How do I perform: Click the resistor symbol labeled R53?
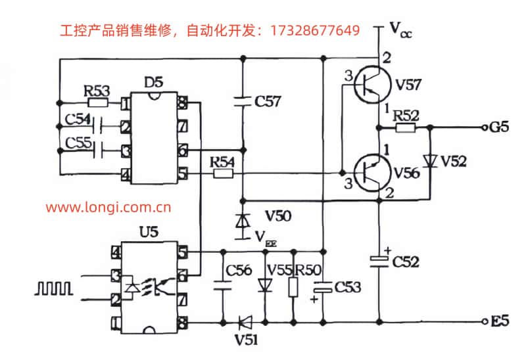point(97,102)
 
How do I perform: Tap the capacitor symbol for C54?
point(97,127)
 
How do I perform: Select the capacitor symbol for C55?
point(97,151)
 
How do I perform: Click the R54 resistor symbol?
point(223,173)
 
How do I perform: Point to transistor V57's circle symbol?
point(373,84)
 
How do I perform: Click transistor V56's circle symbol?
point(373,173)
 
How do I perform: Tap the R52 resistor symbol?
point(405,127)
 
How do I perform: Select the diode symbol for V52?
point(430,161)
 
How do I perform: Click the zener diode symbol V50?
point(243,221)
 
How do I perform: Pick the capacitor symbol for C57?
point(243,101)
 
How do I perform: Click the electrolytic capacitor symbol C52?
point(379,261)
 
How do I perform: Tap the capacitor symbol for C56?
point(222,285)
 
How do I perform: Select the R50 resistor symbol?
point(293,287)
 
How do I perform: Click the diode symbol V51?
point(245,323)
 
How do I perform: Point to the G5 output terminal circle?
point(485,127)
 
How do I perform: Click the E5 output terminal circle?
point(485,321)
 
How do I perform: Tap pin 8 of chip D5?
point(182,102)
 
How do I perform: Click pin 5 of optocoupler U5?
point(182,252)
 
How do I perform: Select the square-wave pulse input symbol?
point(54,288)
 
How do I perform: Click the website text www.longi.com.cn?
point(108,208)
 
